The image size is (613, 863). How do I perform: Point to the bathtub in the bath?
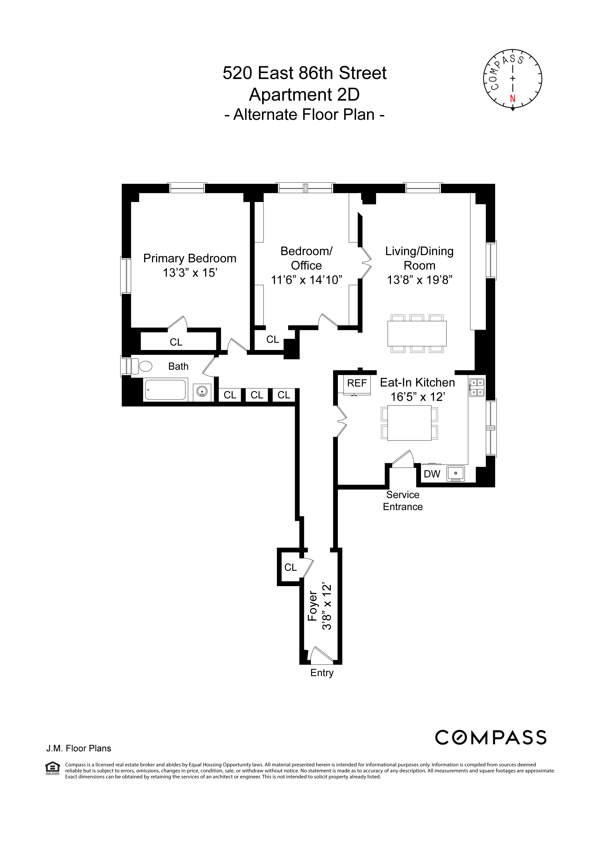165,390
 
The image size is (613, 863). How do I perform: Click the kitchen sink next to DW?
456,473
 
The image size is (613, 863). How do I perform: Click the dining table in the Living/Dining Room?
417,334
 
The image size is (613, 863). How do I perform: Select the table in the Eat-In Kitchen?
409,423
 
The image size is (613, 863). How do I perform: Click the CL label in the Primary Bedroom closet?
176,342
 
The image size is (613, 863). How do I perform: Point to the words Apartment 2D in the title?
304,94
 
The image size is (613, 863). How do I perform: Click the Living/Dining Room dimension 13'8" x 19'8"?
419,280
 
